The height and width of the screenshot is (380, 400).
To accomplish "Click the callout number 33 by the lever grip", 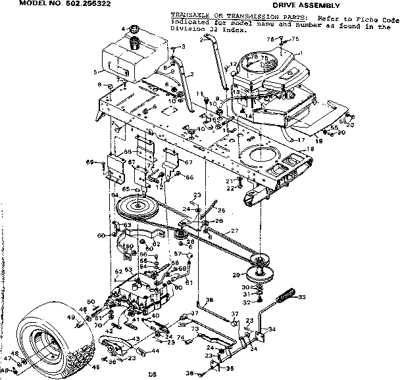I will click(x=303, y=297).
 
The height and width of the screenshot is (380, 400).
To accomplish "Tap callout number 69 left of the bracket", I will click(x=89, y=162).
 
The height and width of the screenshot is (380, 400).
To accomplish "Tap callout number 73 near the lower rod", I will click(x=195, y=328).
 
